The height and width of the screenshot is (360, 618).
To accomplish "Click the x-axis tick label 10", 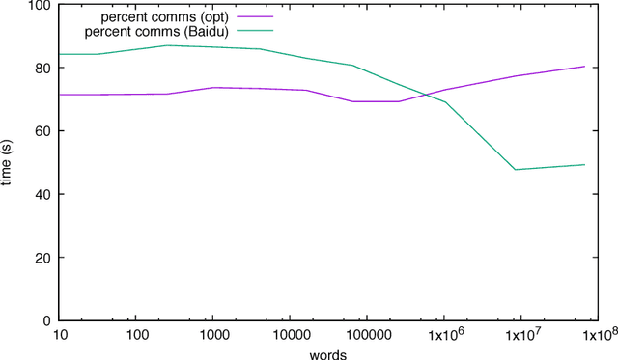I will point(60,335).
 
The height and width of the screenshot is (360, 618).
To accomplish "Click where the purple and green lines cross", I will point(426,95).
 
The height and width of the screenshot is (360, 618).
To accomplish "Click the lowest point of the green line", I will point(516,170).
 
